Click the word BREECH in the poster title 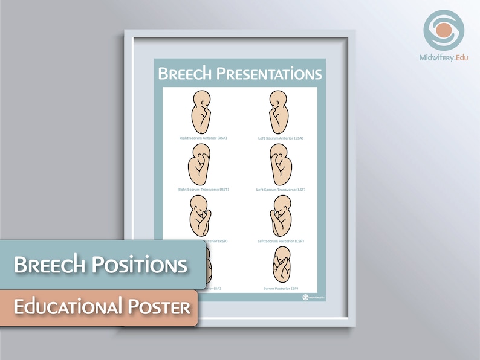click(x=185, y=74)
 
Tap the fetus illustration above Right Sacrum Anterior click(x=203, y=112)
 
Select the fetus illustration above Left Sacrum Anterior click(x=280, y=112)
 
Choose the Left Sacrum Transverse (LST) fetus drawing click(x=281, y=165)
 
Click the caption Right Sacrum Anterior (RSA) click(x=203, y=138)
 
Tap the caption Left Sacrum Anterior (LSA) click(x=281, y=138)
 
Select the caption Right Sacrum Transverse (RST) click(x=203, y=190)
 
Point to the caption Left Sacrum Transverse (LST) click(x=281, y=190)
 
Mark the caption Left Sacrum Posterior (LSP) click(x=281, y=241)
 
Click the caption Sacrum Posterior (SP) click(x=281, y=288)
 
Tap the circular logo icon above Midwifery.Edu click(x=444, y=30)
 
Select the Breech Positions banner click(x=102, y=265)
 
